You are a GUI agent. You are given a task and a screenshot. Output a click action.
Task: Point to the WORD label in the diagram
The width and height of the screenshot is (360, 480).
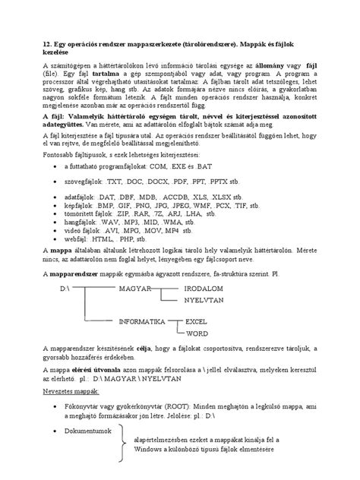197,333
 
